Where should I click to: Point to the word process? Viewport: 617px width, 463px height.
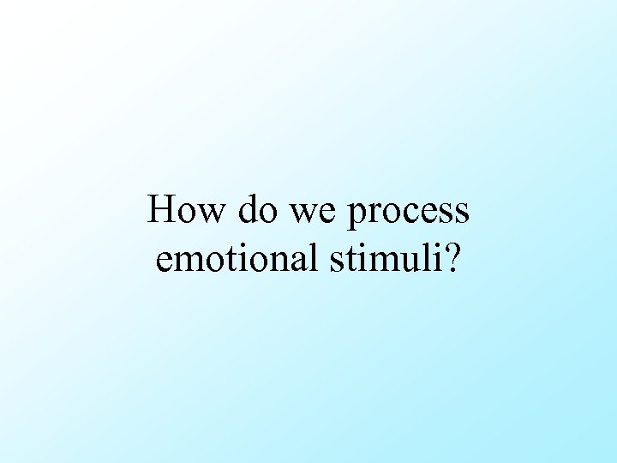[409, 213]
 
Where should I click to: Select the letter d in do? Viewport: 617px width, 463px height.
[247, 209]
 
